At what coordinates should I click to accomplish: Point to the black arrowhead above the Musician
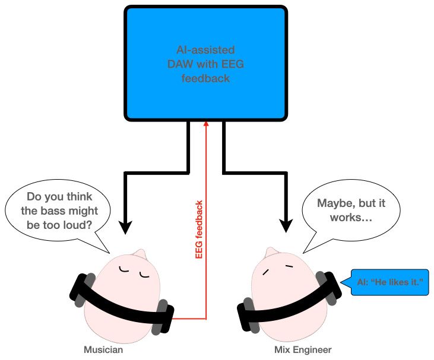[125, 225]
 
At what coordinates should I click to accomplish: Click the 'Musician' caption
[103, 350]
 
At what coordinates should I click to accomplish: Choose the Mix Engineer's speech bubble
[350, 211]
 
